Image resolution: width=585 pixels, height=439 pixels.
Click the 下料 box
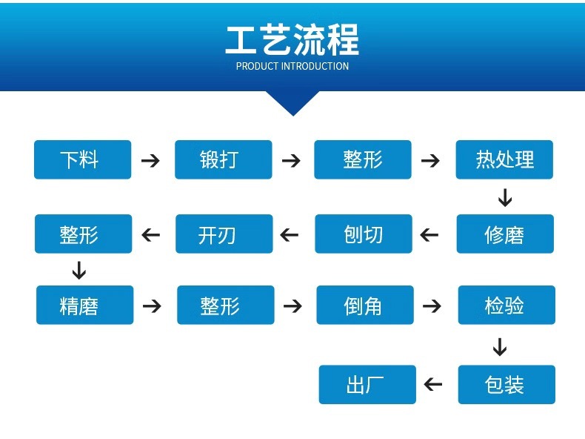pyautogui.click(x=82, y=159)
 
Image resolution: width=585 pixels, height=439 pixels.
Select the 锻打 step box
pyautogui.click(x=223, y=159)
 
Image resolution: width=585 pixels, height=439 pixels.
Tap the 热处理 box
pyautogui.click(x=504, y=159)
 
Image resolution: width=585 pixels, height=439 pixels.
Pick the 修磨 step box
pyautogui.click(x=504, y=234)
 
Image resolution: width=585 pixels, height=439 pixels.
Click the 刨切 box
pyautogui.click(x=364, y=234)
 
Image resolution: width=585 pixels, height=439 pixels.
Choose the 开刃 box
pyautogui.click(x=224, y=234)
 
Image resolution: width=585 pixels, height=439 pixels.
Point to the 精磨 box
pyautogui.click(x=84, y=305)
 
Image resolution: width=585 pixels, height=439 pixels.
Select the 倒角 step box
pyautogui.click(x=364, y=305)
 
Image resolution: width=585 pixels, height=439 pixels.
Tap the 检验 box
pyautogui.click(x=506, y=305)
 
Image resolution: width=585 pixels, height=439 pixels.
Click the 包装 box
pyautogui.click(x=506, y=384)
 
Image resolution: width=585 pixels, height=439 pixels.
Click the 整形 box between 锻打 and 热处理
pyautogui.click(x=362, y=159)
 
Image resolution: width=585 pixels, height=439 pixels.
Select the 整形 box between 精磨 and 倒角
pyautogui.click(x=225, y=305)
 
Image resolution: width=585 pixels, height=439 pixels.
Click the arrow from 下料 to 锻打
pyautogui.click(x=151, y=160)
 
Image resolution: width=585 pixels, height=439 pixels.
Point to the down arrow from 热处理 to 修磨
pyautogui.click(x=505, y=197)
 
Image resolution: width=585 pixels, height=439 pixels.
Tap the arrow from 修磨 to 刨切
pyautogui.click(x=429, y=235)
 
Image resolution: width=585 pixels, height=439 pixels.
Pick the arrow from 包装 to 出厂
pyautogui.click(x=433, y=384)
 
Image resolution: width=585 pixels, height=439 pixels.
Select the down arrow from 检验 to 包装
pyautogui.click(x=500, y=346)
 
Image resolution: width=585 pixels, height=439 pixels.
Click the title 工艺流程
pyautogui.click(x=292, y=40)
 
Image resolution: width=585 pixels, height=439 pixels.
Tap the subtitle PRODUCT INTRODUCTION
pyautogui.click(x=292, y=66)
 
